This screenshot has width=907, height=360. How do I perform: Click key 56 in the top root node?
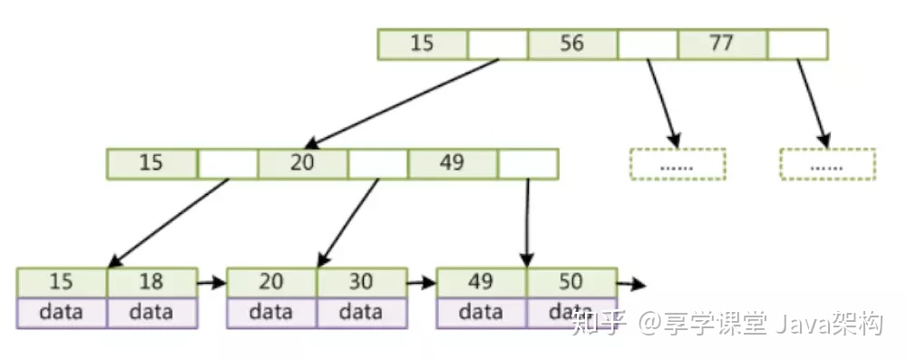[571, 44]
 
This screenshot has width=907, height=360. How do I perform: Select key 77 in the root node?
[721, 44]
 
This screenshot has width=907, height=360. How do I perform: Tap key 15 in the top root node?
[422, 44]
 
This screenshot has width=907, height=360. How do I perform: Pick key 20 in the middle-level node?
[302, 163]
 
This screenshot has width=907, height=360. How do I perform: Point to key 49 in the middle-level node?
[452, 163]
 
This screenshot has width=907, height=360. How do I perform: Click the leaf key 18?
[151, 282]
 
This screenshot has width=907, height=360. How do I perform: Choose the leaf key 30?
[361, 282]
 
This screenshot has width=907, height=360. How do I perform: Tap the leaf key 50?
[571, 282]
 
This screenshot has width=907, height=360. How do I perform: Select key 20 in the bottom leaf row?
[271, 282]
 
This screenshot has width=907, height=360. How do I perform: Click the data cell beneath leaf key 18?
[151, 312]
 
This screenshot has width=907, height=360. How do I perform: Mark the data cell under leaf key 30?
[361, 312]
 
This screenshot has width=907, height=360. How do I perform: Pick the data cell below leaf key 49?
[481, 312]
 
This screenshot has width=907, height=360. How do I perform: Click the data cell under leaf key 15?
[62, 312]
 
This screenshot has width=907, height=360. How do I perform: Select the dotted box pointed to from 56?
[678, 164]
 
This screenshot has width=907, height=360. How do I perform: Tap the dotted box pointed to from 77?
[827, 164]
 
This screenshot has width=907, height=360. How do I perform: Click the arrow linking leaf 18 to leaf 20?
[211, 283]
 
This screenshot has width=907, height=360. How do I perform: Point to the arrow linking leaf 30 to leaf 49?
[422, 283]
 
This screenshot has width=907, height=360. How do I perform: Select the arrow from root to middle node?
[403, 102]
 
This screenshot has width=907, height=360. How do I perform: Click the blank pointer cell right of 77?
[797, 44]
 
